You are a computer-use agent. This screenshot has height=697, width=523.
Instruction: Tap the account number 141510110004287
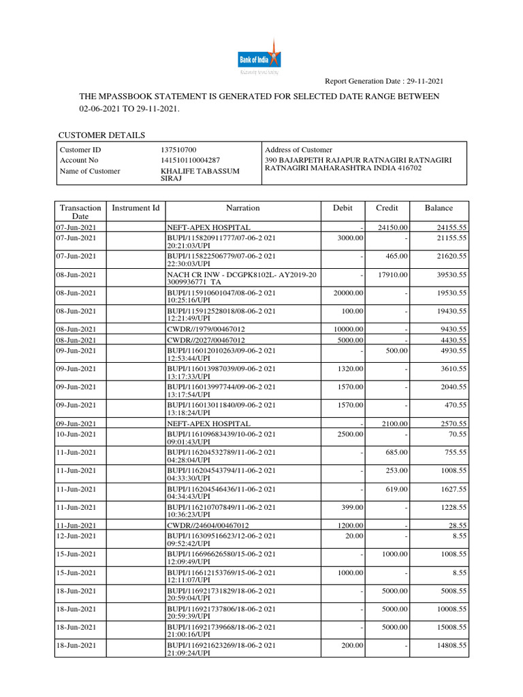point(190,160)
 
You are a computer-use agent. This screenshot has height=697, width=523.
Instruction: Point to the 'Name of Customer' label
point(90,171)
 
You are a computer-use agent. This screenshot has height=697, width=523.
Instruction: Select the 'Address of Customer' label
point(298,150)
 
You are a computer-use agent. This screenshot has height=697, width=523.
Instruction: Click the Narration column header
point(242,208)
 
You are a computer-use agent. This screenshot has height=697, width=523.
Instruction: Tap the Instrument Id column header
point(136,208)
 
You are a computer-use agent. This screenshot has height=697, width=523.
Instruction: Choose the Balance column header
point(439,208)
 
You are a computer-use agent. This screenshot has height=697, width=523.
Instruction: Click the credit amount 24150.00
point(393,227)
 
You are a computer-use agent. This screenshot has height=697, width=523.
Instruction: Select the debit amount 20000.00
point(349,293)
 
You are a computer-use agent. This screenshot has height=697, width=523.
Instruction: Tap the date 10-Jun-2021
point(76,434)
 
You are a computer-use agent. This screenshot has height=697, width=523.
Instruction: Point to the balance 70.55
point(456,434)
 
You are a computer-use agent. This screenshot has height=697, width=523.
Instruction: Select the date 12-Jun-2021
point(76,536)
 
